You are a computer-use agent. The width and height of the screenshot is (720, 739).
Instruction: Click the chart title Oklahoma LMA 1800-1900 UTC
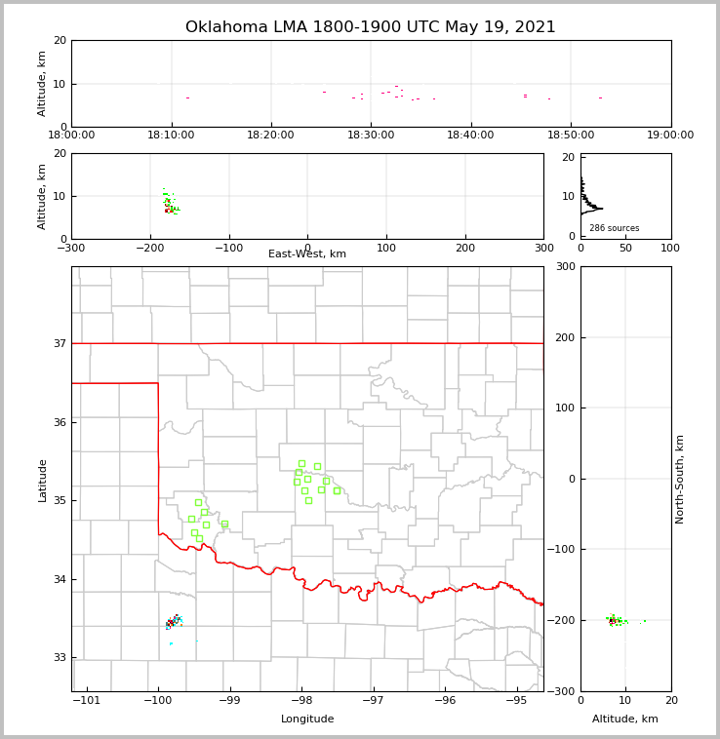point(370,27)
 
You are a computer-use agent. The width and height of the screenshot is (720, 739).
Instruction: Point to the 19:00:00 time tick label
point(670,136)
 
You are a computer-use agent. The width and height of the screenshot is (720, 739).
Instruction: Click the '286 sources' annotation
point(614,228)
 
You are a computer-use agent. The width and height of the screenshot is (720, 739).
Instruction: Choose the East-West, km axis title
point(307,254)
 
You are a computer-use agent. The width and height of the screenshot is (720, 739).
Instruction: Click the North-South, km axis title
point(680,479)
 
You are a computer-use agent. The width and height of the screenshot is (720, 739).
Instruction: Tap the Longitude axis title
point(307,720)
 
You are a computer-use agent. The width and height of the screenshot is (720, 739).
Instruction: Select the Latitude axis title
point(42,480)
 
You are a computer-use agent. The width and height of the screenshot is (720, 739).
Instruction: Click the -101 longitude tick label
point(87,700)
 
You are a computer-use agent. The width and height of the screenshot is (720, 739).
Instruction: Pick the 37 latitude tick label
point(59,344)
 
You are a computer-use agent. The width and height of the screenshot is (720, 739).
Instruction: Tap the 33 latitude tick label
point(59,658)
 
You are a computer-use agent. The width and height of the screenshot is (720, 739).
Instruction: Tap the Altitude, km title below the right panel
point(624,720)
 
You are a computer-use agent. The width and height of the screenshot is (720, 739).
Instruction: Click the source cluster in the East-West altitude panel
point(170,204)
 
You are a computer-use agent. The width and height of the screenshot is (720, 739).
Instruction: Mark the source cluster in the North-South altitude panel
point(614,620)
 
